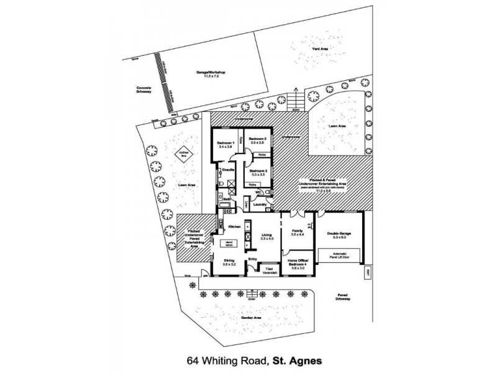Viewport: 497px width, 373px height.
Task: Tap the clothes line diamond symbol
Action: point(184,155)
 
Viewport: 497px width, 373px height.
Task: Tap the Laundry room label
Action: point(260,205)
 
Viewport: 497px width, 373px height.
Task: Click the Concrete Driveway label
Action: point(144,90)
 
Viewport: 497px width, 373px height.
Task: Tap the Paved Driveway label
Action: point(344,298)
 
